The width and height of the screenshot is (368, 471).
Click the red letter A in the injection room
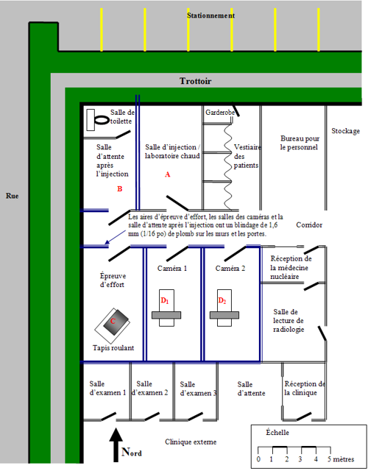click(168, 174)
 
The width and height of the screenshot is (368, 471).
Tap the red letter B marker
click(119, 189)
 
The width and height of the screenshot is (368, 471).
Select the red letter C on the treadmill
click(113, 321)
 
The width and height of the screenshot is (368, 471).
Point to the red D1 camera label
click(165, 300)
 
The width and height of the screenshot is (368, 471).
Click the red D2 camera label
click(222, 300)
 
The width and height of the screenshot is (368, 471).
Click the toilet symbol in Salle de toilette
click(97, 120)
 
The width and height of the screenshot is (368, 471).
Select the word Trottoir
click(196, 81)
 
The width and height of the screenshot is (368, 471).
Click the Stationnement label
click(211, 15)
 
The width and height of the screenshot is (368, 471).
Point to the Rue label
click(13, 196)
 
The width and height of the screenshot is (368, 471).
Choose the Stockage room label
click(345, 131)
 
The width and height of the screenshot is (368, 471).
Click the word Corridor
click(309, 224)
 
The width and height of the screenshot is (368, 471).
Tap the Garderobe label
click(220, 113)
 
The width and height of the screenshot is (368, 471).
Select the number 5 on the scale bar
click(330, 459)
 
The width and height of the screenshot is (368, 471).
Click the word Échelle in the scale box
click(277, 432)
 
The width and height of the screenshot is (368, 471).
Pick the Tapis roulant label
click(113, 348)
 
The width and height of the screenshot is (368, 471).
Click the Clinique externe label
click(191, 442)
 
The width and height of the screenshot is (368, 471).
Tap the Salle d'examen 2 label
click(150, 388)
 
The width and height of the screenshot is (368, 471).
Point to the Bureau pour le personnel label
click(300, 143)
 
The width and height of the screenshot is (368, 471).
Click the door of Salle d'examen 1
click(108, 417)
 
